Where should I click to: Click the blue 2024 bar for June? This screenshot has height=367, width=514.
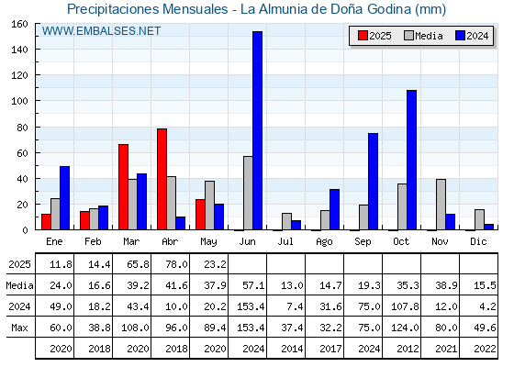tap(257, 130)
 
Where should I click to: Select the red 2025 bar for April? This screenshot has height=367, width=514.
tap(162, 179)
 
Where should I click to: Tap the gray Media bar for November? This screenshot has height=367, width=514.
tap(441, 205)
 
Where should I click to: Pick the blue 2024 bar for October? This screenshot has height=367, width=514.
tap(412, 160)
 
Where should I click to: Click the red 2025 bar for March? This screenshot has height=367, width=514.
tap(123, 187)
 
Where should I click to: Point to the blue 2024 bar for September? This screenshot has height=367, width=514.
tap(373, 182)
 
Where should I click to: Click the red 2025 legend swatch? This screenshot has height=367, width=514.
tap(363, 36)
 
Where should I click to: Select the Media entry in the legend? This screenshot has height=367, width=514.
tap(424, 36)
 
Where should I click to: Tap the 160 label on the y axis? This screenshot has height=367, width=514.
tap(20, 24)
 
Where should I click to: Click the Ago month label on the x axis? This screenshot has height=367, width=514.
tap(324, 242)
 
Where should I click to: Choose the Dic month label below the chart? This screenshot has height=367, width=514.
tap(478, 241)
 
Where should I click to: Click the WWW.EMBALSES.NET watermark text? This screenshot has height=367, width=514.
tap(101, 31)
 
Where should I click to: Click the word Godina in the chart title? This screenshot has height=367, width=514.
tap(389, 9)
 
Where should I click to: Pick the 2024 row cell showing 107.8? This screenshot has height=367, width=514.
tap(405, 306)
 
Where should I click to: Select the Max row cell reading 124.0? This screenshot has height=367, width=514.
tap(405, 328)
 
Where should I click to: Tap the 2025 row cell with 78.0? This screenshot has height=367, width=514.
tap(176, 264)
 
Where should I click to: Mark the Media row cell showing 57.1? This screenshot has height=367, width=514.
tap(253, 285)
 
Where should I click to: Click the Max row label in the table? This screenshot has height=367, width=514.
tap(19, 328)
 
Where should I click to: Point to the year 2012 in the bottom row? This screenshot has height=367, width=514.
tap(408, 349)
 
